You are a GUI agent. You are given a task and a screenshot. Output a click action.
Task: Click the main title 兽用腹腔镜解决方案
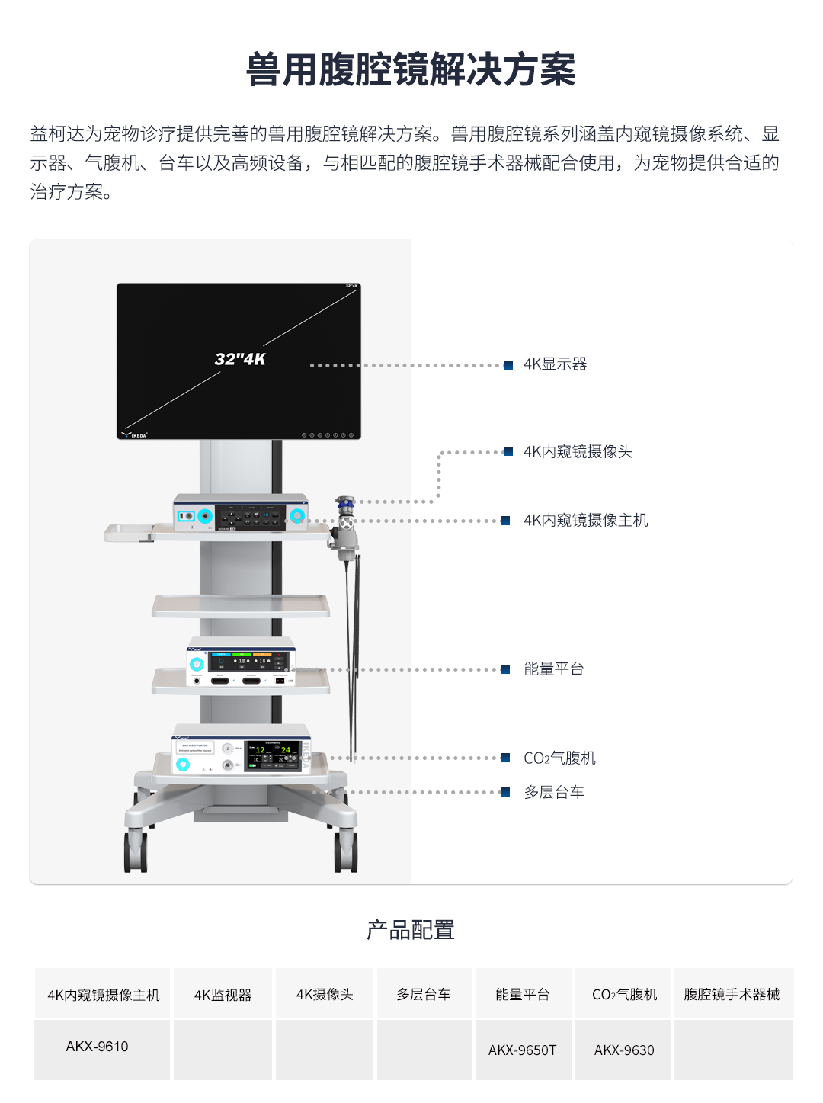click(411, 70)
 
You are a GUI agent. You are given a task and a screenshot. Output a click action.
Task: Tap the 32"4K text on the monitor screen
click(240, 359)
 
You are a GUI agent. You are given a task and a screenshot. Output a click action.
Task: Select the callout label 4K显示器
click(555, 364)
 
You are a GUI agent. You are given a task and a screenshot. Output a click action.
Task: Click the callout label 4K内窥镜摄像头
click(578, 452)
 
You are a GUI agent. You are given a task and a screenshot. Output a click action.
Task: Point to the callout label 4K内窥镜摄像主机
click(585, 521)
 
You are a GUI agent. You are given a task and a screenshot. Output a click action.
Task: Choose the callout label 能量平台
click(553, 669)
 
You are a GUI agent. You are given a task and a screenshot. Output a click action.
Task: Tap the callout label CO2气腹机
click(559, 758)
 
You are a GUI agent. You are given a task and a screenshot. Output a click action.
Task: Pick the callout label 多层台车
click(554, 793)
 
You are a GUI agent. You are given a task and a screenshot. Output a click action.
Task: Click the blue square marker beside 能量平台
click(505, 669)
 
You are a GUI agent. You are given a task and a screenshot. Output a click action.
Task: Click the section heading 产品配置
click(411, 930)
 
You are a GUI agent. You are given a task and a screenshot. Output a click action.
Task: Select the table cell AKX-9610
click(97, 1047)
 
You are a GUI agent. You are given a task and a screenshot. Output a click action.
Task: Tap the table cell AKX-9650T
click(523, 1050)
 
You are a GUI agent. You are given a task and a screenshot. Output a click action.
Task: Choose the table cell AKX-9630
click(624, 1050)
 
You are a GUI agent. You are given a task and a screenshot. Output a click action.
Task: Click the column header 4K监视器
click(223, 995)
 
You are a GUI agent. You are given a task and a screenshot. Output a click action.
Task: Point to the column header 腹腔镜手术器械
click(732, 995)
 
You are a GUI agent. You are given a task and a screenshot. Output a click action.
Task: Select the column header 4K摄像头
click(325, 995)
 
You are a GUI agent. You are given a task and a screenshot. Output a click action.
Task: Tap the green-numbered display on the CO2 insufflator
click(273, 755)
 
